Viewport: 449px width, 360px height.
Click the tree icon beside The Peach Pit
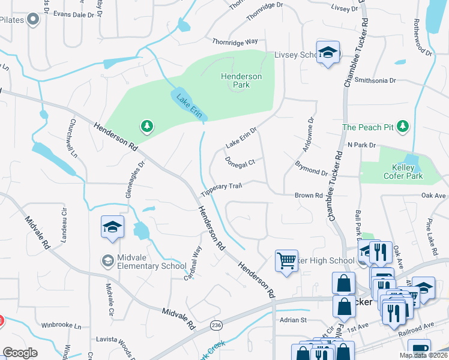click(405, 127)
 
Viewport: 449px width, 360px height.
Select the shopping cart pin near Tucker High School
click(286, 261)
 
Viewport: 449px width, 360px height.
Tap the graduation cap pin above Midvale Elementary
click(112, 227)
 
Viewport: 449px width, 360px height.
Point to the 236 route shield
click(215, 325)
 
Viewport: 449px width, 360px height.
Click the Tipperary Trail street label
click(221, 189)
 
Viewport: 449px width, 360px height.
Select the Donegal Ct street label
click(240, 162)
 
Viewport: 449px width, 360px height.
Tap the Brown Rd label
click(309, 196)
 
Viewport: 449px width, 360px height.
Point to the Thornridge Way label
click(234, 41)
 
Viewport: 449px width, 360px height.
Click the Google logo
click(20, 352)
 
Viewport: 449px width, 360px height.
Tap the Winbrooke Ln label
click(61, 326)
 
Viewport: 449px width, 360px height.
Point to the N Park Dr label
click(361, 145)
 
